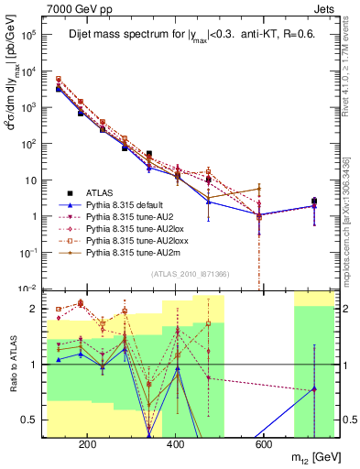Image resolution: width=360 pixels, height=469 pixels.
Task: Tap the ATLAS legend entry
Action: [x=100, y=193]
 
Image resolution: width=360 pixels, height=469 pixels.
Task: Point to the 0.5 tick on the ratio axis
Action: [x=32, y=420]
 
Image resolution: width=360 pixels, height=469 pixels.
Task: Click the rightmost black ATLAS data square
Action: [x=314, y=201]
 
